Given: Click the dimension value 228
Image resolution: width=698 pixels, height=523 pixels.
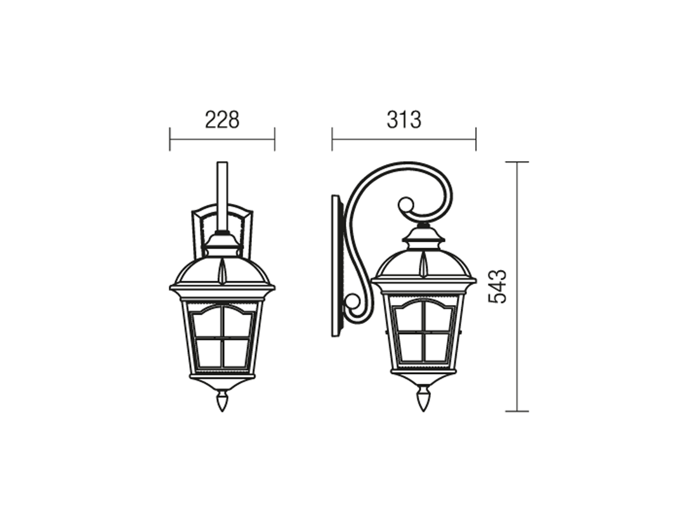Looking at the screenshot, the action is [222, 120].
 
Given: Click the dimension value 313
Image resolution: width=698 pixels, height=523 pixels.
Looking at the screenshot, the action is [404, 120].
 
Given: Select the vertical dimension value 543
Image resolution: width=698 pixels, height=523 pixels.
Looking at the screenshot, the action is [497, 287].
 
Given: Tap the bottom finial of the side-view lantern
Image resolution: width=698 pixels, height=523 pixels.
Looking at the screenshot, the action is [423, 400].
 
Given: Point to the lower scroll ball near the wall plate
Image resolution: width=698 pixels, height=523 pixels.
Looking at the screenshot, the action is [353, 302].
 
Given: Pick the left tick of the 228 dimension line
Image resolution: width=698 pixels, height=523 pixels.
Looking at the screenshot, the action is [169, 139].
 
